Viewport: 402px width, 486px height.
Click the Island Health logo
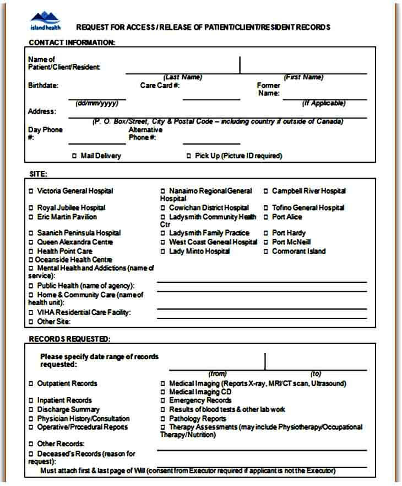pyautogui.click(x=46, y=22)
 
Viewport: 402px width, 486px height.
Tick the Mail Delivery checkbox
pyautogui.click(x=75, y=156)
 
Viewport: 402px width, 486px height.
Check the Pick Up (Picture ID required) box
pyautogui.click(x=189, y=156)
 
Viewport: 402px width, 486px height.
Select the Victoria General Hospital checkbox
pyautogui.click(x=31, y=191)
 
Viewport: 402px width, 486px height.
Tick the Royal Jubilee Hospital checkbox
pyautogui.click(x=31, y=208)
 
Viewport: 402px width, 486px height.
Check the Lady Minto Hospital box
pyautogui.click(x=163, y=252)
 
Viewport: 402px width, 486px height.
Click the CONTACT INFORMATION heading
pyautogui.click(x=72, y=42)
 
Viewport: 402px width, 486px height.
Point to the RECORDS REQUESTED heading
pyautogui.click(x=69, y=339)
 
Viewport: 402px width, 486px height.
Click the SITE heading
pyautogui.click(x=38, y=174)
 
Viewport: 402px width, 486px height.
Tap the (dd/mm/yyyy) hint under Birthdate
pyautogui.click(x=97, y=103)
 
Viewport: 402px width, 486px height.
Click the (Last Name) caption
pyautogui.click(x=183, y=77)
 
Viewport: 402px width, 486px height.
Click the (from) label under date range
pyautogui.click(x=217, y=373)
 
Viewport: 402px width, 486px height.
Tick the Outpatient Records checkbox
pyautogui.click(x=31, y=383)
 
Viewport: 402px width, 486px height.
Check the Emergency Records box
pyautogui.click(x=163, y=400)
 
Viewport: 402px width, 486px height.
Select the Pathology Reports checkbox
pyautogui.click(x=163, y=419)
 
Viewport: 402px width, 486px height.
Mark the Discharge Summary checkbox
pyautogui.click(x=31, y=410)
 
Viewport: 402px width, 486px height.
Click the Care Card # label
pyautogui.click(x=160, y=86)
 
